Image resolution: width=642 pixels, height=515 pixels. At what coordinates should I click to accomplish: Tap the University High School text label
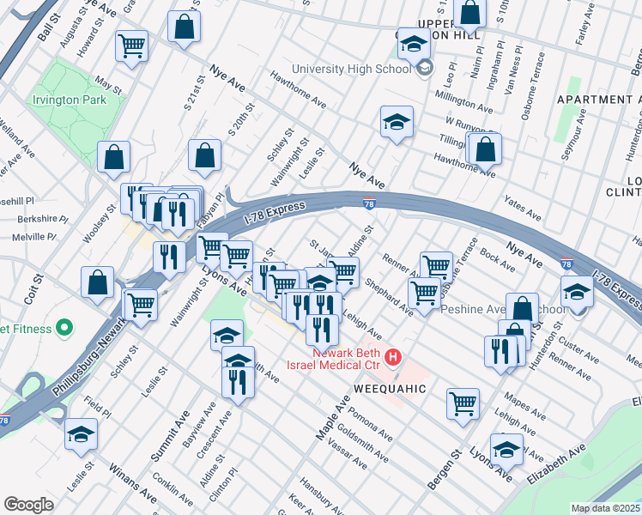[x=352, y=70]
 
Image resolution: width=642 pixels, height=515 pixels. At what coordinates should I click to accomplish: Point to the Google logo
[x=28, y=505]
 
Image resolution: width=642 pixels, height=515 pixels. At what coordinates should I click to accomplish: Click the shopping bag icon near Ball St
[x=184, y=27]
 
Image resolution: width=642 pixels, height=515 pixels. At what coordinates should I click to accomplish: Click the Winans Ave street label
[x=132, y=484]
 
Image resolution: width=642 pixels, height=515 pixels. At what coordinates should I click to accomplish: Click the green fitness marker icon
[x=62, y=327]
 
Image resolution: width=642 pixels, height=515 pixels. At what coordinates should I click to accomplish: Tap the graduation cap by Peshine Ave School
[x=577, y=294]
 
